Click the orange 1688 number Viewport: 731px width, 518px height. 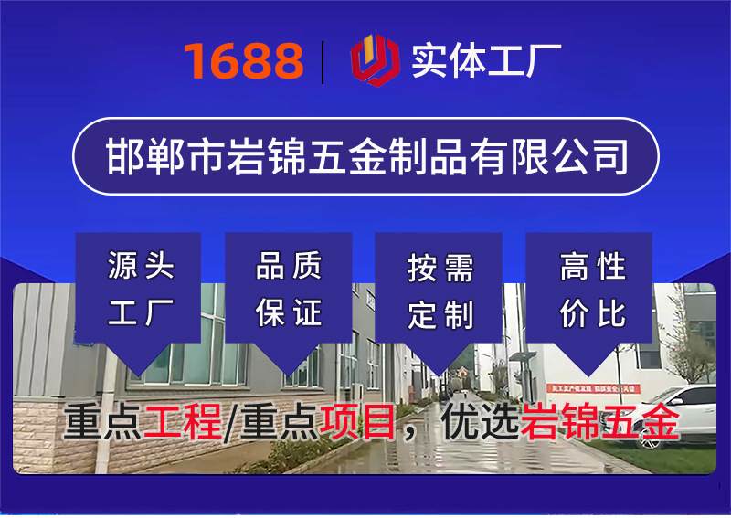pyautogui.click(x=243, y=60)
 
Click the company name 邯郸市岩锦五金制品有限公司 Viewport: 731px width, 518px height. pyautogui.click(x=365, y=156)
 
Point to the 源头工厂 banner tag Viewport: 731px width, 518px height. pyautogui.click(x=139, y=291)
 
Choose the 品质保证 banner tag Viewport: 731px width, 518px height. pyautogui.click(x=289, y=291)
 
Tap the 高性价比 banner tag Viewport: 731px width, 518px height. pyautogui.click(x=590, y=291)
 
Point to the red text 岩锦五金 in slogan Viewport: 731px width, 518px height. pyautogui.click(x=600, y=422)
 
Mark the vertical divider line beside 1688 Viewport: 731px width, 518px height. pyautogui.click(x=323, y=61)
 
